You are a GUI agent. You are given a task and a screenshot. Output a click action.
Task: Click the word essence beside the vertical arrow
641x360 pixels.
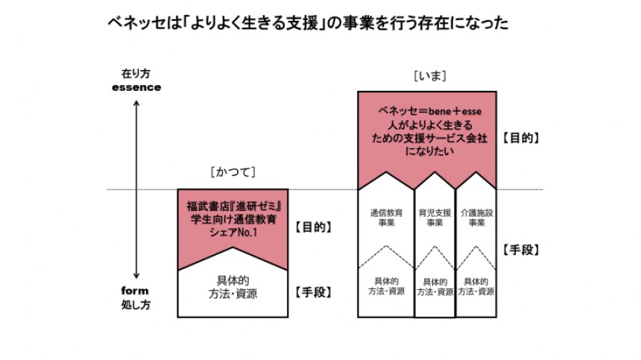coord(135,86)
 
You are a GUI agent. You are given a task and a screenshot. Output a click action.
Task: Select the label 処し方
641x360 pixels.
coord(136,305)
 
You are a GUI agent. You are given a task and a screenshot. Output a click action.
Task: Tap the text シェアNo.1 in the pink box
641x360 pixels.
coord(234,231)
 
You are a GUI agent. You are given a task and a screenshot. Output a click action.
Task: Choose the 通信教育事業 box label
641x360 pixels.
coord(386,217)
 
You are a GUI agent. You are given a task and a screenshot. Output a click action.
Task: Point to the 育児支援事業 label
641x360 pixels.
coord(435,217)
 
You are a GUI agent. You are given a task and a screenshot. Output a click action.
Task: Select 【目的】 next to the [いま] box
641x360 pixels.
coord(521,138)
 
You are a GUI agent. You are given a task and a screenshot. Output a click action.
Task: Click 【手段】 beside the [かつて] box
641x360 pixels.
coord(315,292)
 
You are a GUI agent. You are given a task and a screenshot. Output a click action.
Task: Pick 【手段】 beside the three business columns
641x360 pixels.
coord(521,250)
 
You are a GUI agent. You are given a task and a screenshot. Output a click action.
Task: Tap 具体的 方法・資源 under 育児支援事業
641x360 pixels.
coord(435,288)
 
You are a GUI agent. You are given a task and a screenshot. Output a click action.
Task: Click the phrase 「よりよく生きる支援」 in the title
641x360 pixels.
coord(250,24)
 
